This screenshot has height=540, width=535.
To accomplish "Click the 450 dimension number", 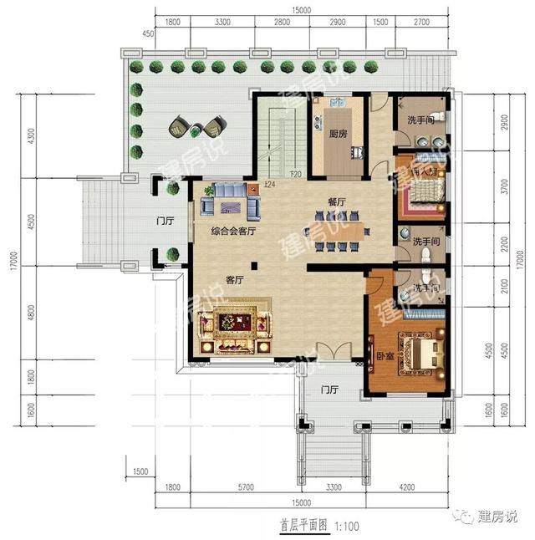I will click(147, 34).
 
